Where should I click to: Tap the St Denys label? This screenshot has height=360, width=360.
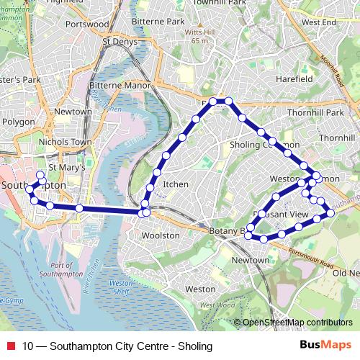click(117, 41)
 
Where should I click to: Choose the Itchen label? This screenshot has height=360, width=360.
click(176, 184)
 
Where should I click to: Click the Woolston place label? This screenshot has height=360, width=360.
click(161, 235)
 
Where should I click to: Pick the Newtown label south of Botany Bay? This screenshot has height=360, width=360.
click(251, 259)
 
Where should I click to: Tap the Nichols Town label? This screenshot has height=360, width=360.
click(66, 142)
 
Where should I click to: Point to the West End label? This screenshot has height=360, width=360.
click(320, 22)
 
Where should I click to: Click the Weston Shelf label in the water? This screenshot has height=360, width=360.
click(120, 287)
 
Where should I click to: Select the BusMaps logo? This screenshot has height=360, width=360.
click(326, 344)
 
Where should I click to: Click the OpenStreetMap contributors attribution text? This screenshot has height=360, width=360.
click(297, 322)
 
